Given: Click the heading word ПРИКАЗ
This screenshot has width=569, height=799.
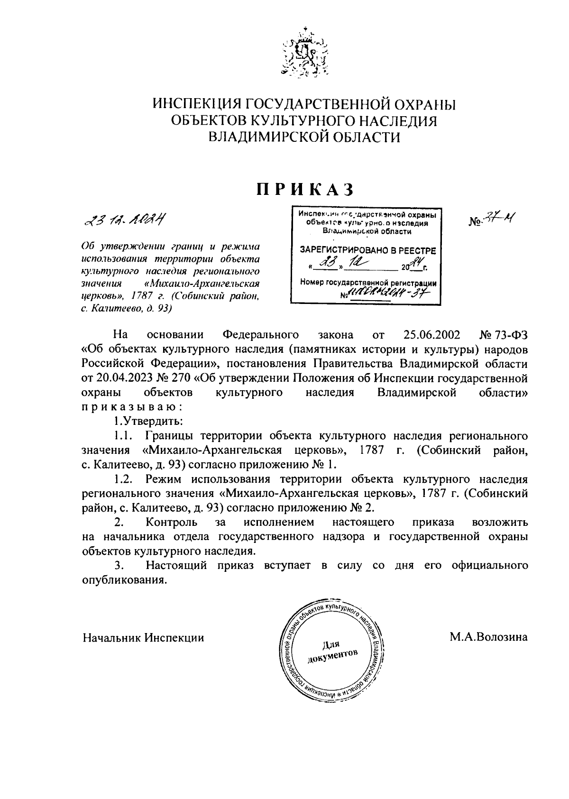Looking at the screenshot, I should (x=305, y=189).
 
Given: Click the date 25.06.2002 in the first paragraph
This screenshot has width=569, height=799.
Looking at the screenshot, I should (x=432, y=335).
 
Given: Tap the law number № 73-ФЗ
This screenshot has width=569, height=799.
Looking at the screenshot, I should (x=504, y=335).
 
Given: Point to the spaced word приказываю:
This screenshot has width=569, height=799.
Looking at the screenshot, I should (x=131, y=407).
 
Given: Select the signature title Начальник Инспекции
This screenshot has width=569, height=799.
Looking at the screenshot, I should (x=143, y=637).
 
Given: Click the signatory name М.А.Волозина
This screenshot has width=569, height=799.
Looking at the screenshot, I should (x=488, y=637).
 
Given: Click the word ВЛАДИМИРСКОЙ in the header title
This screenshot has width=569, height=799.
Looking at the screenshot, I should (x=266, y=138).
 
